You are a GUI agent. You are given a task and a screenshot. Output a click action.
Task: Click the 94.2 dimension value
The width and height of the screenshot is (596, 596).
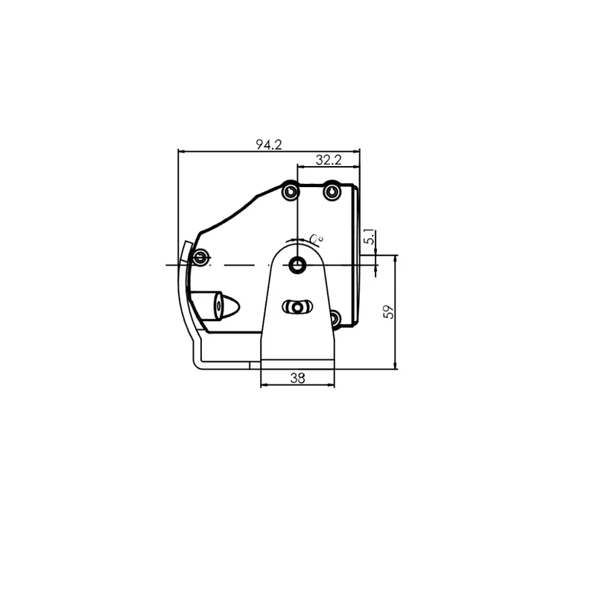click(269, 145)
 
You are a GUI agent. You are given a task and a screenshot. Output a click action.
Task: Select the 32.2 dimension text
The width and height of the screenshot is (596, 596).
click(329, 160)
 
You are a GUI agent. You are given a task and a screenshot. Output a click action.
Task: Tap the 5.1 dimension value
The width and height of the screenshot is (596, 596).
click(369, 237)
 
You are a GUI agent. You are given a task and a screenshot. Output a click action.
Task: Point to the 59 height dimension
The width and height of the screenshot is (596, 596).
click(389, 311)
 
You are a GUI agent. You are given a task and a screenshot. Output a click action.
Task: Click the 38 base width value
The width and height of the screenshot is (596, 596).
click(297, 378)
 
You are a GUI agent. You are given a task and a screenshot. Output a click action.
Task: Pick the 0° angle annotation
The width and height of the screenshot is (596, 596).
click(316, 238)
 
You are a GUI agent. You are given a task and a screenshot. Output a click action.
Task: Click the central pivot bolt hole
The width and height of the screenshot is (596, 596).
click(297, 264)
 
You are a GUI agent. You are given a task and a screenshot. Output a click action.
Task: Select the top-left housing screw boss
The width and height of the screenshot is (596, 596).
click(291, 191)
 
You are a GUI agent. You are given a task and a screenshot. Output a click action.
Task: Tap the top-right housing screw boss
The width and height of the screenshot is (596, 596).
click(332, 191)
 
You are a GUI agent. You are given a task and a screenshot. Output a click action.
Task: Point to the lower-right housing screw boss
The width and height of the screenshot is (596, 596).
click(335, 318)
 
